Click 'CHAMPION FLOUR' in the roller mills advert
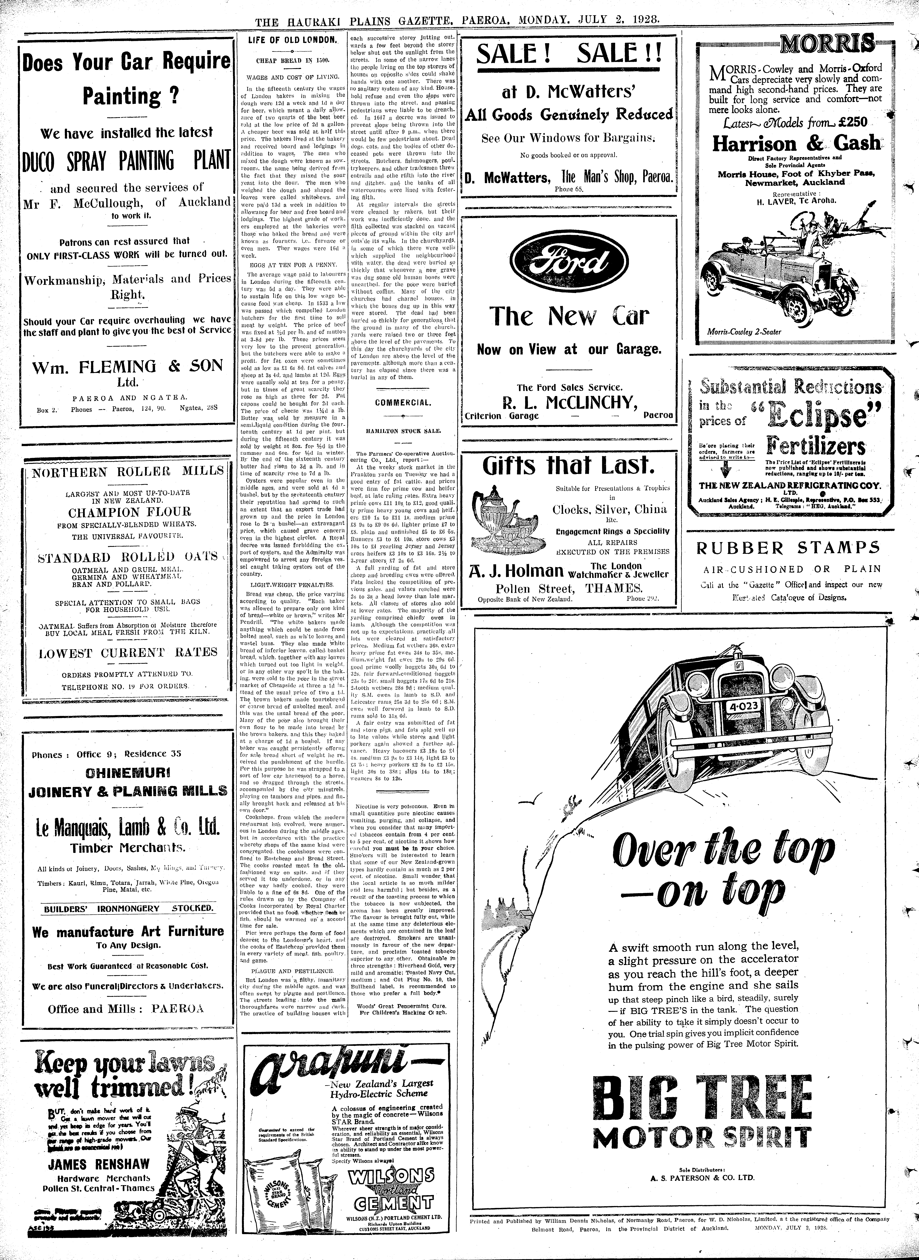[x=129, y=512]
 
